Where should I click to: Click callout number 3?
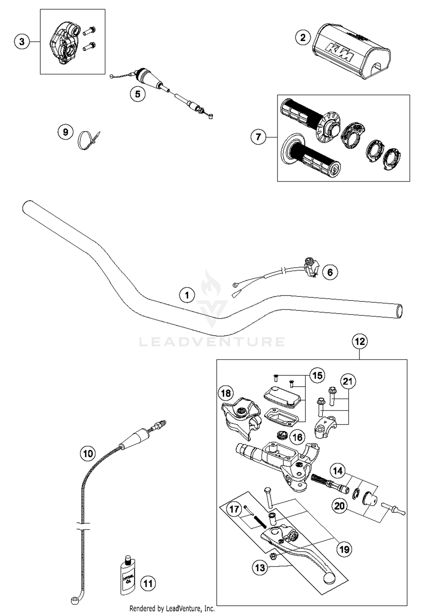coord(22,42)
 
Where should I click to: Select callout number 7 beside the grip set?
coord(258,137)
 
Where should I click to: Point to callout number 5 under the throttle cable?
coord(138,94)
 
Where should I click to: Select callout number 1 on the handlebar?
coord(187,295)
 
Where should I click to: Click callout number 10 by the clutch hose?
coord(88,453)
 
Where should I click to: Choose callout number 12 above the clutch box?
coord(360,341)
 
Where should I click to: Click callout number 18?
coord(226,393)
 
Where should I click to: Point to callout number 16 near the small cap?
coord(297,437)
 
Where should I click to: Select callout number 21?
coord(348,381)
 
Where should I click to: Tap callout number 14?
coord(338,471)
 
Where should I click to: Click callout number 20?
coord(339,506)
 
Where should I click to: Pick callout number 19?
coord(344,550)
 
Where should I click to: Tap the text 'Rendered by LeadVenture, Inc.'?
coord(172,608)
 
